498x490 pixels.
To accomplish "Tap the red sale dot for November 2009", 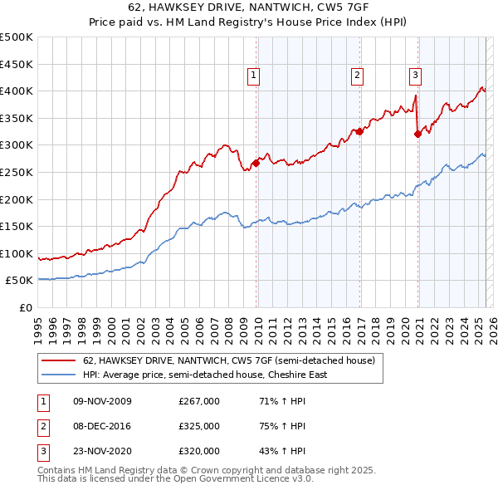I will click(x=256, y=163).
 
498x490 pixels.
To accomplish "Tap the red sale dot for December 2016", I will click(x=359, y=131).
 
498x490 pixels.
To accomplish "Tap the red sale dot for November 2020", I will click(x=417, y=134).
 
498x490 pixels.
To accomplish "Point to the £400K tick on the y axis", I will click(x=17, y=91).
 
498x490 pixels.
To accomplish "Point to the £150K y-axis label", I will click(x=17, y=226).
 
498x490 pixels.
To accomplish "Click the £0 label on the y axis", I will click(x=25, y=307).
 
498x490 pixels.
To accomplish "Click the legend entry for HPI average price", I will click(x=205, y=375).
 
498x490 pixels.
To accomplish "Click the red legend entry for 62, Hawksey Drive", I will click(x=229, y=361).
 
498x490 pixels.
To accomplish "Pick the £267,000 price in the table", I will click(x=199, y=401).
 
